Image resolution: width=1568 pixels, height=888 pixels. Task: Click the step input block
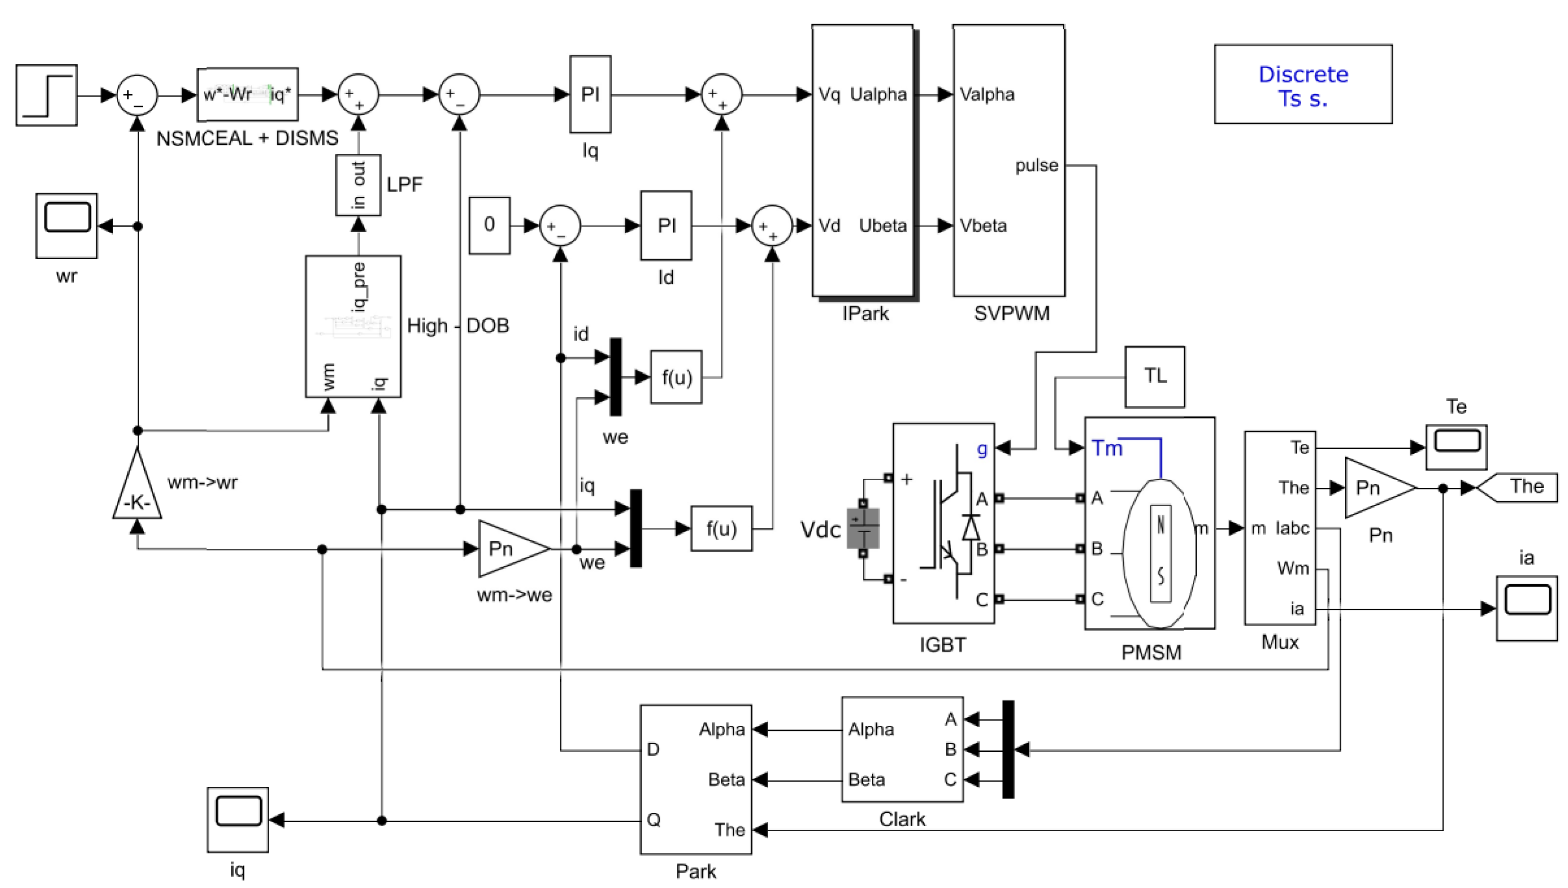point(46,95)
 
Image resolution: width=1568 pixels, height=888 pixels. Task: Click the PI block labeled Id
point(666,226)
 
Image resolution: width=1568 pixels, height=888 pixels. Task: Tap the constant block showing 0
point(489,225)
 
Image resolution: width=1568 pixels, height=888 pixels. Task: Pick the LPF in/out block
point(359,185)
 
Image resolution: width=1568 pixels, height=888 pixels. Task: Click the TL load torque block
point(1155,376)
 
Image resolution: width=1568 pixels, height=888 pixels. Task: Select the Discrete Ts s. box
point(1303,84)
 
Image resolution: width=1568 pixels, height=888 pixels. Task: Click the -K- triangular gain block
point(137,492)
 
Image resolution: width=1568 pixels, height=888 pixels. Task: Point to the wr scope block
point(66,226)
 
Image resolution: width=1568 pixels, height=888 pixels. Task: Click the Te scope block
point(1456,447)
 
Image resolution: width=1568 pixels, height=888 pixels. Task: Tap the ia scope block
point(1526,607)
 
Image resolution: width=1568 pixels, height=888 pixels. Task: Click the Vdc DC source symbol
point(863,528)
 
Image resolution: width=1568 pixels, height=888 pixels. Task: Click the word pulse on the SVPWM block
point(1036,165)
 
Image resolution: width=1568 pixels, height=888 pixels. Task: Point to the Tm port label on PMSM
point(1106,448)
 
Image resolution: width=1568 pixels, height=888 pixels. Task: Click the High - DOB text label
point(458,325)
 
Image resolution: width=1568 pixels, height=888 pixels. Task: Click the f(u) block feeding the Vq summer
point(676,377)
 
